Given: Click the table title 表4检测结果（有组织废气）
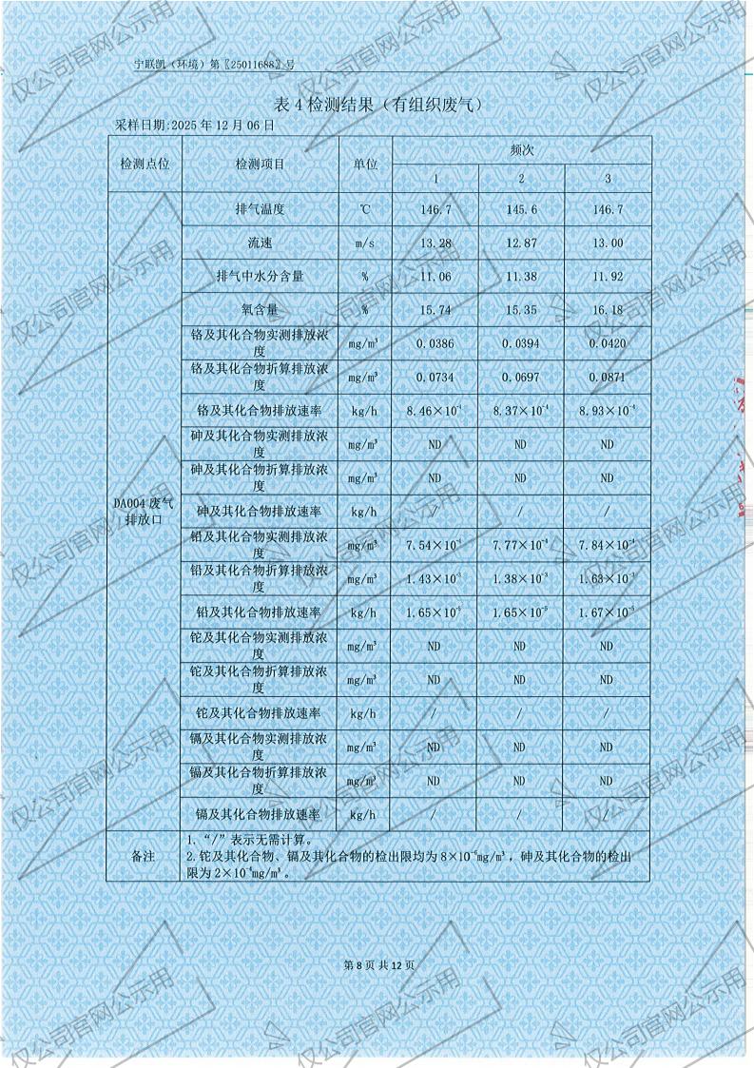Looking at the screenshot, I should [377, 105].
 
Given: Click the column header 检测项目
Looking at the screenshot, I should [260, 165].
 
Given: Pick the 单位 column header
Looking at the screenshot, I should [365, 165].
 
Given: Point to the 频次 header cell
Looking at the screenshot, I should [521, 150].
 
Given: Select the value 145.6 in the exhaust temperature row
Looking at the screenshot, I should [521, 209].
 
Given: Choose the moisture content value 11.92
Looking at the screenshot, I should [607, 277].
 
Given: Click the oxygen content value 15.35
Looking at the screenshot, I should [521, 310].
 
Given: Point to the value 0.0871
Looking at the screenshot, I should [607, 378].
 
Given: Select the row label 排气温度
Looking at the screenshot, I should [260, 209].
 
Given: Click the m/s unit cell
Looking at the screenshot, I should [365, 243].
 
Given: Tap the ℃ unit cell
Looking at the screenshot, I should [365, 209].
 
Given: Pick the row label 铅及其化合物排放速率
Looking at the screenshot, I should [260, 612].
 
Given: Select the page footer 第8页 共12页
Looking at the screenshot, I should [378, 965].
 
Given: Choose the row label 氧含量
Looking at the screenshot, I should [260, 310].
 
